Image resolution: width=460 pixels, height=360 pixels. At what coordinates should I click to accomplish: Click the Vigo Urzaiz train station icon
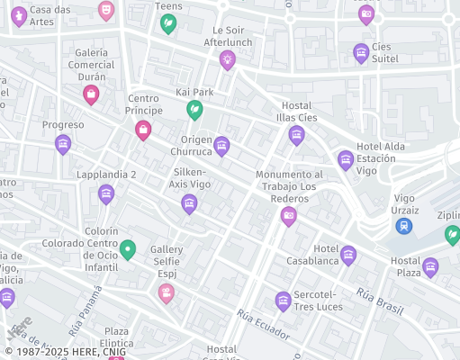[405, 225]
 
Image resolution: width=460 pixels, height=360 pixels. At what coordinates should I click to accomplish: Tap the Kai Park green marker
[194, 110]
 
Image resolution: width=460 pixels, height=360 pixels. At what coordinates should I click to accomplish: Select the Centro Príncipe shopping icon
[143, 130]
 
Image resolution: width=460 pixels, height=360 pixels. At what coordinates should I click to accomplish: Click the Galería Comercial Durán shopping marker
[91, 94]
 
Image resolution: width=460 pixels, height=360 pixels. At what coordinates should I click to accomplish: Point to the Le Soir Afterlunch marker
[227, 60]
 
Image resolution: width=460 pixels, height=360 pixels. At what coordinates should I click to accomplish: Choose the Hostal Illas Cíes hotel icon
[296, 136]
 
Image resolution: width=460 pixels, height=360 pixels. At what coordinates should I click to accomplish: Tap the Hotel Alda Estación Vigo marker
[346, 161]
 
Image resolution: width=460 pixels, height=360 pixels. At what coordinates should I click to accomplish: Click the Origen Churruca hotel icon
[221, 146]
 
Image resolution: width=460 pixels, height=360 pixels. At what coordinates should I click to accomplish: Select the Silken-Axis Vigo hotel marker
[189, 204]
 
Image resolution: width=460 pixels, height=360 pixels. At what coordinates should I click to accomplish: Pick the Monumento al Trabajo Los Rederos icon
[288, 215]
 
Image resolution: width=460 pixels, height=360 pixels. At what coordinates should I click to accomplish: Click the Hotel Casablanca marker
[348, 256]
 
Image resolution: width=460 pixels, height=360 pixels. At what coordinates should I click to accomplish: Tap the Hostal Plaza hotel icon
[431, 267]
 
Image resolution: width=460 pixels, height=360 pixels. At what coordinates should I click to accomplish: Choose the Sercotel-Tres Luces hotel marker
[283, 301]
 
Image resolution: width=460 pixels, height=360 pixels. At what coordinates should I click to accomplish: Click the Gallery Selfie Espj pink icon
[166, 292]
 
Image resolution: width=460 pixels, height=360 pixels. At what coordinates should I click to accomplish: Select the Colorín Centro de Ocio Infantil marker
[129, 249]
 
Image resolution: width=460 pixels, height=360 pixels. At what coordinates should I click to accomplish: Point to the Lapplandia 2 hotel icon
[106, 193]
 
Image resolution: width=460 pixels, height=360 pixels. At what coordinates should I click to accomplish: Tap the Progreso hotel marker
[63, 144]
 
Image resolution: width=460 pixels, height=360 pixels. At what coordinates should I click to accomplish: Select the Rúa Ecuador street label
[263, 325]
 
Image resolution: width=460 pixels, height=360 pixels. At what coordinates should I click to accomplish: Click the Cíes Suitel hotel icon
[361, 53]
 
